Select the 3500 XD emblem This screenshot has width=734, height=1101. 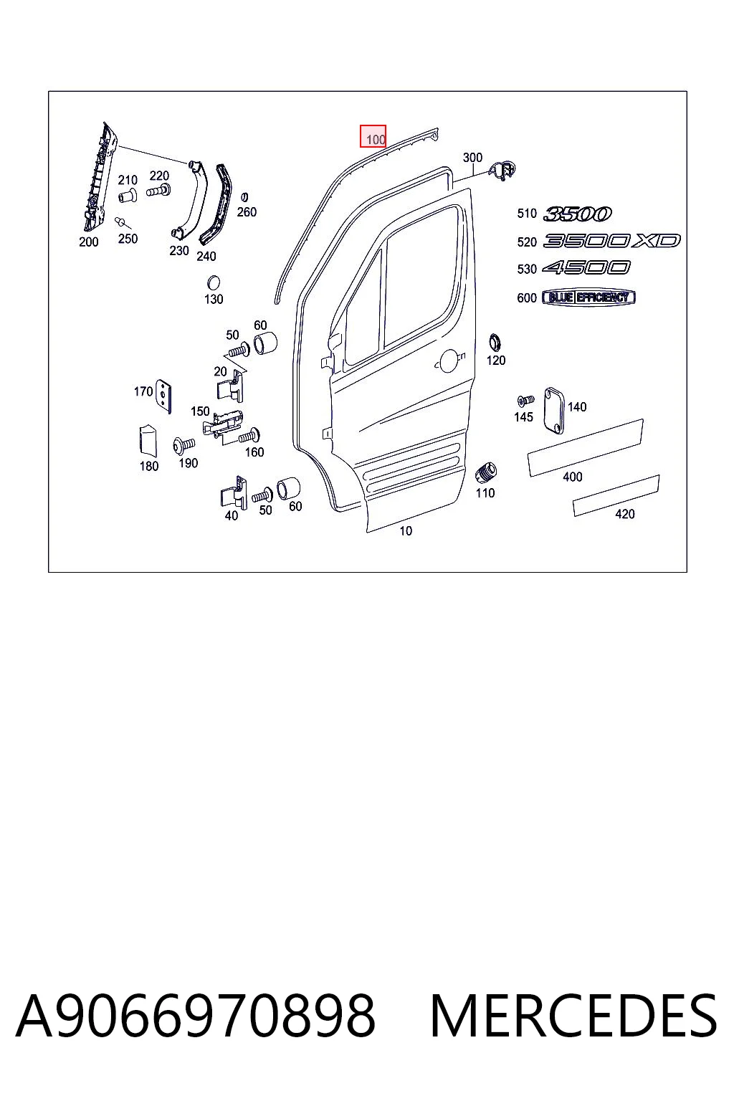[x=611, y=241]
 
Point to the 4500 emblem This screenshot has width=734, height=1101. [x=586, y=268]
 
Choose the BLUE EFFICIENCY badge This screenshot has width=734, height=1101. [x=588, y=297]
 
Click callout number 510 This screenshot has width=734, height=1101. [x=527, y=214]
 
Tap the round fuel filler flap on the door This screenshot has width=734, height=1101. [x=448, y=361]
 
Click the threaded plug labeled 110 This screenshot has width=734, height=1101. [x=486, y=473]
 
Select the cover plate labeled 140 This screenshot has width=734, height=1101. [x=554, y=411]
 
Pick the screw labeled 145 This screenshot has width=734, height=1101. [x=525, y=401]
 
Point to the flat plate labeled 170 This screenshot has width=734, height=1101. [x=163, y=396]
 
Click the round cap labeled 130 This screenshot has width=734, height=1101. [x=214, y=284]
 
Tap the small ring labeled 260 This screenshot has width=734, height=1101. [x=244, y=198]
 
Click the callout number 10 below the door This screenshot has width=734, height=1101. [x=406, y=531]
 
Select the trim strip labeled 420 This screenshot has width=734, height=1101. [x=616, y=495]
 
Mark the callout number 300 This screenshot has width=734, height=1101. [x=472, y=158]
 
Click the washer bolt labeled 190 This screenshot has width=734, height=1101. [x=184, y=446]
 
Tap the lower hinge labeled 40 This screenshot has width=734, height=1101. [x=234, y=493]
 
